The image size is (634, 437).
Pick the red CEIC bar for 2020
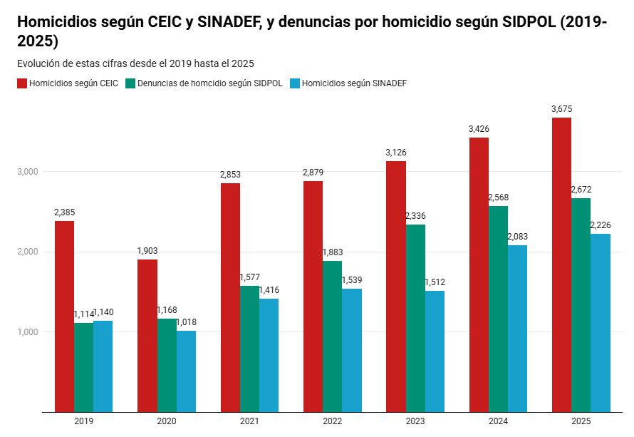(x=147, y=335)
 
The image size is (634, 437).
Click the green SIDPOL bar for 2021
(x=249, y=349)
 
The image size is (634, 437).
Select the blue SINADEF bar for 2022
(x=352, y=350)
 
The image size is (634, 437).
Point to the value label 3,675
(x=561, y=109)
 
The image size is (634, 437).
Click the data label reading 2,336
(x=415, y=216)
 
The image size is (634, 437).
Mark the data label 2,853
(x=230, y=175)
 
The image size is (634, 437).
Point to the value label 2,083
(x=518, y=237)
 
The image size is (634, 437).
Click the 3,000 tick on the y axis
(x=28, y=172)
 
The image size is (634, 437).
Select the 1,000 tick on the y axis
(x=28, y=332)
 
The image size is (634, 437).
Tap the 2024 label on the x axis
(x=498, y=421)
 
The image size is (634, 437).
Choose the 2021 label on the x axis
(x=249, y=421)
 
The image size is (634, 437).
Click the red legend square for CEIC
(x=22, y=83)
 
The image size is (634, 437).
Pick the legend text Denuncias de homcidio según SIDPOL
(x=209, y=83)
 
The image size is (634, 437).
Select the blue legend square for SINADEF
(x=295, y=83)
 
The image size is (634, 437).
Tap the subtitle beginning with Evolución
(x=135, y=63)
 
